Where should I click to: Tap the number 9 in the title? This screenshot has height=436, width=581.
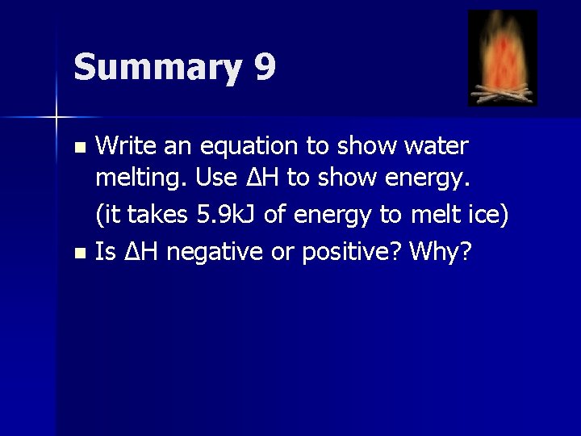click(265, 66)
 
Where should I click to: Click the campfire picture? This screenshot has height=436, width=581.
click(502, 58)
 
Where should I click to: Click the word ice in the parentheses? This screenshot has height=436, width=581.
click(483, 216)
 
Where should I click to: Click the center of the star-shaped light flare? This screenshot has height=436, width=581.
click(56, 117)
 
